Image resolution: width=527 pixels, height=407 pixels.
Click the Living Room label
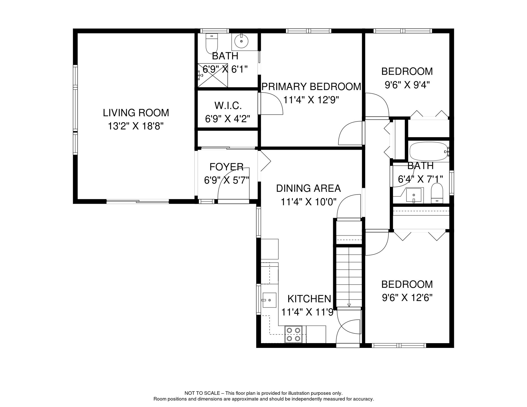point(136,113)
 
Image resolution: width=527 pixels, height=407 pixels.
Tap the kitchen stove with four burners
point(293,334)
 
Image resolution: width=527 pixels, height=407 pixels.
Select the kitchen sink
point(269,300)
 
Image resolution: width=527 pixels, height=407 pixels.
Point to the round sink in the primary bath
point(241,41)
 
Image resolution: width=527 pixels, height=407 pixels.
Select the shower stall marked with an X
point(213,76)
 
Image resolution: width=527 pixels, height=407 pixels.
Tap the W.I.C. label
point(228,106)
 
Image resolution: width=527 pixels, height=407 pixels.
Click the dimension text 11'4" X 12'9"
point(311,100)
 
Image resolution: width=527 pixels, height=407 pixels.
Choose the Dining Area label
point(308,188)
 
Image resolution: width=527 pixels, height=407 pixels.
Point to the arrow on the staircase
point(349,305)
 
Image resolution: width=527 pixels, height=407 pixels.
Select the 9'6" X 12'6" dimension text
point(407,298)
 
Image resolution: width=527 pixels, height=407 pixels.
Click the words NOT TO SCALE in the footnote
point(202,393)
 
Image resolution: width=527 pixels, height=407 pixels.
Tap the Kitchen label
point(309,299)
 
